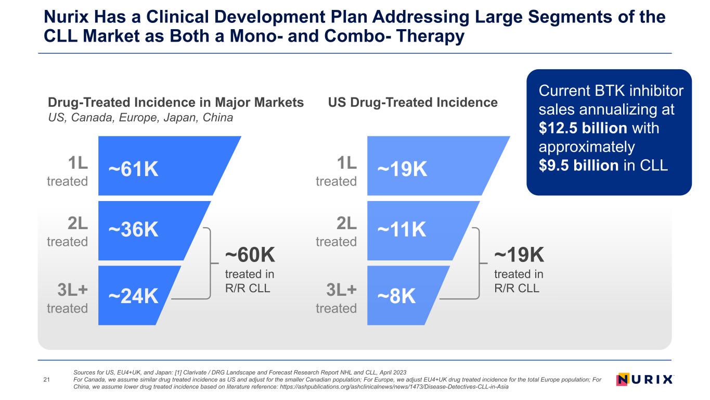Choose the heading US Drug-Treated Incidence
click(413, 103)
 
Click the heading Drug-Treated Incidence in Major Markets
click(176, 103)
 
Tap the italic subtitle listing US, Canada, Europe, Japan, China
click(140, 118)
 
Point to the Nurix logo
click(644, 379)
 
